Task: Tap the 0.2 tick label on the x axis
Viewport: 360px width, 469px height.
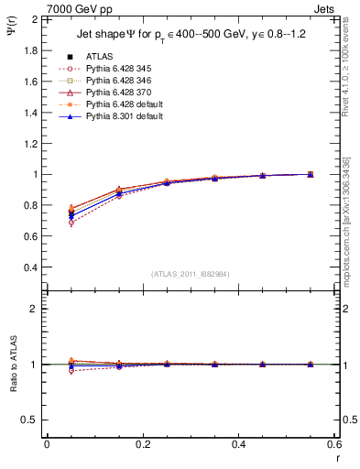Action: coord(142,444)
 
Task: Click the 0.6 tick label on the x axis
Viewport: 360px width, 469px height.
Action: coord(334,444)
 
